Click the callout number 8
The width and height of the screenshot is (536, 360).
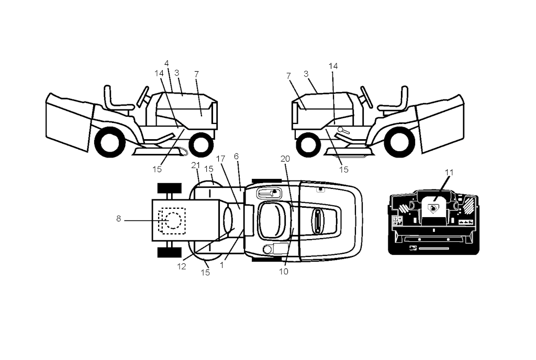(119, 219)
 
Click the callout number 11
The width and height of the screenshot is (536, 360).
(449, 173)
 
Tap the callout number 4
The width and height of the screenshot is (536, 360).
(166, 63)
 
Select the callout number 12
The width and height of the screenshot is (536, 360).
(182, 266)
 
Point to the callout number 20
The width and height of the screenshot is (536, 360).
(285, 159)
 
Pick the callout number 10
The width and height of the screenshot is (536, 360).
(283, 272)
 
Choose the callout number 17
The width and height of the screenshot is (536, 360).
(220, 159)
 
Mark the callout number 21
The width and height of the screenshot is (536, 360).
(196, 166)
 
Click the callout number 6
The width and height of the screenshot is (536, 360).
(236, 156)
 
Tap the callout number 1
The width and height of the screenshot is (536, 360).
(222, 265)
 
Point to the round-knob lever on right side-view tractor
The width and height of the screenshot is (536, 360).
(343, 130)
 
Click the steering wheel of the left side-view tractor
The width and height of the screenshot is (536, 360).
(142, 96)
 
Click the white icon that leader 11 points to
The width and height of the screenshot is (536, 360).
(433, 208)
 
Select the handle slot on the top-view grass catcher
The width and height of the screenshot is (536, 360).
(317, 222)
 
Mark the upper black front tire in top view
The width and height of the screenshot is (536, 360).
(169, 188)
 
